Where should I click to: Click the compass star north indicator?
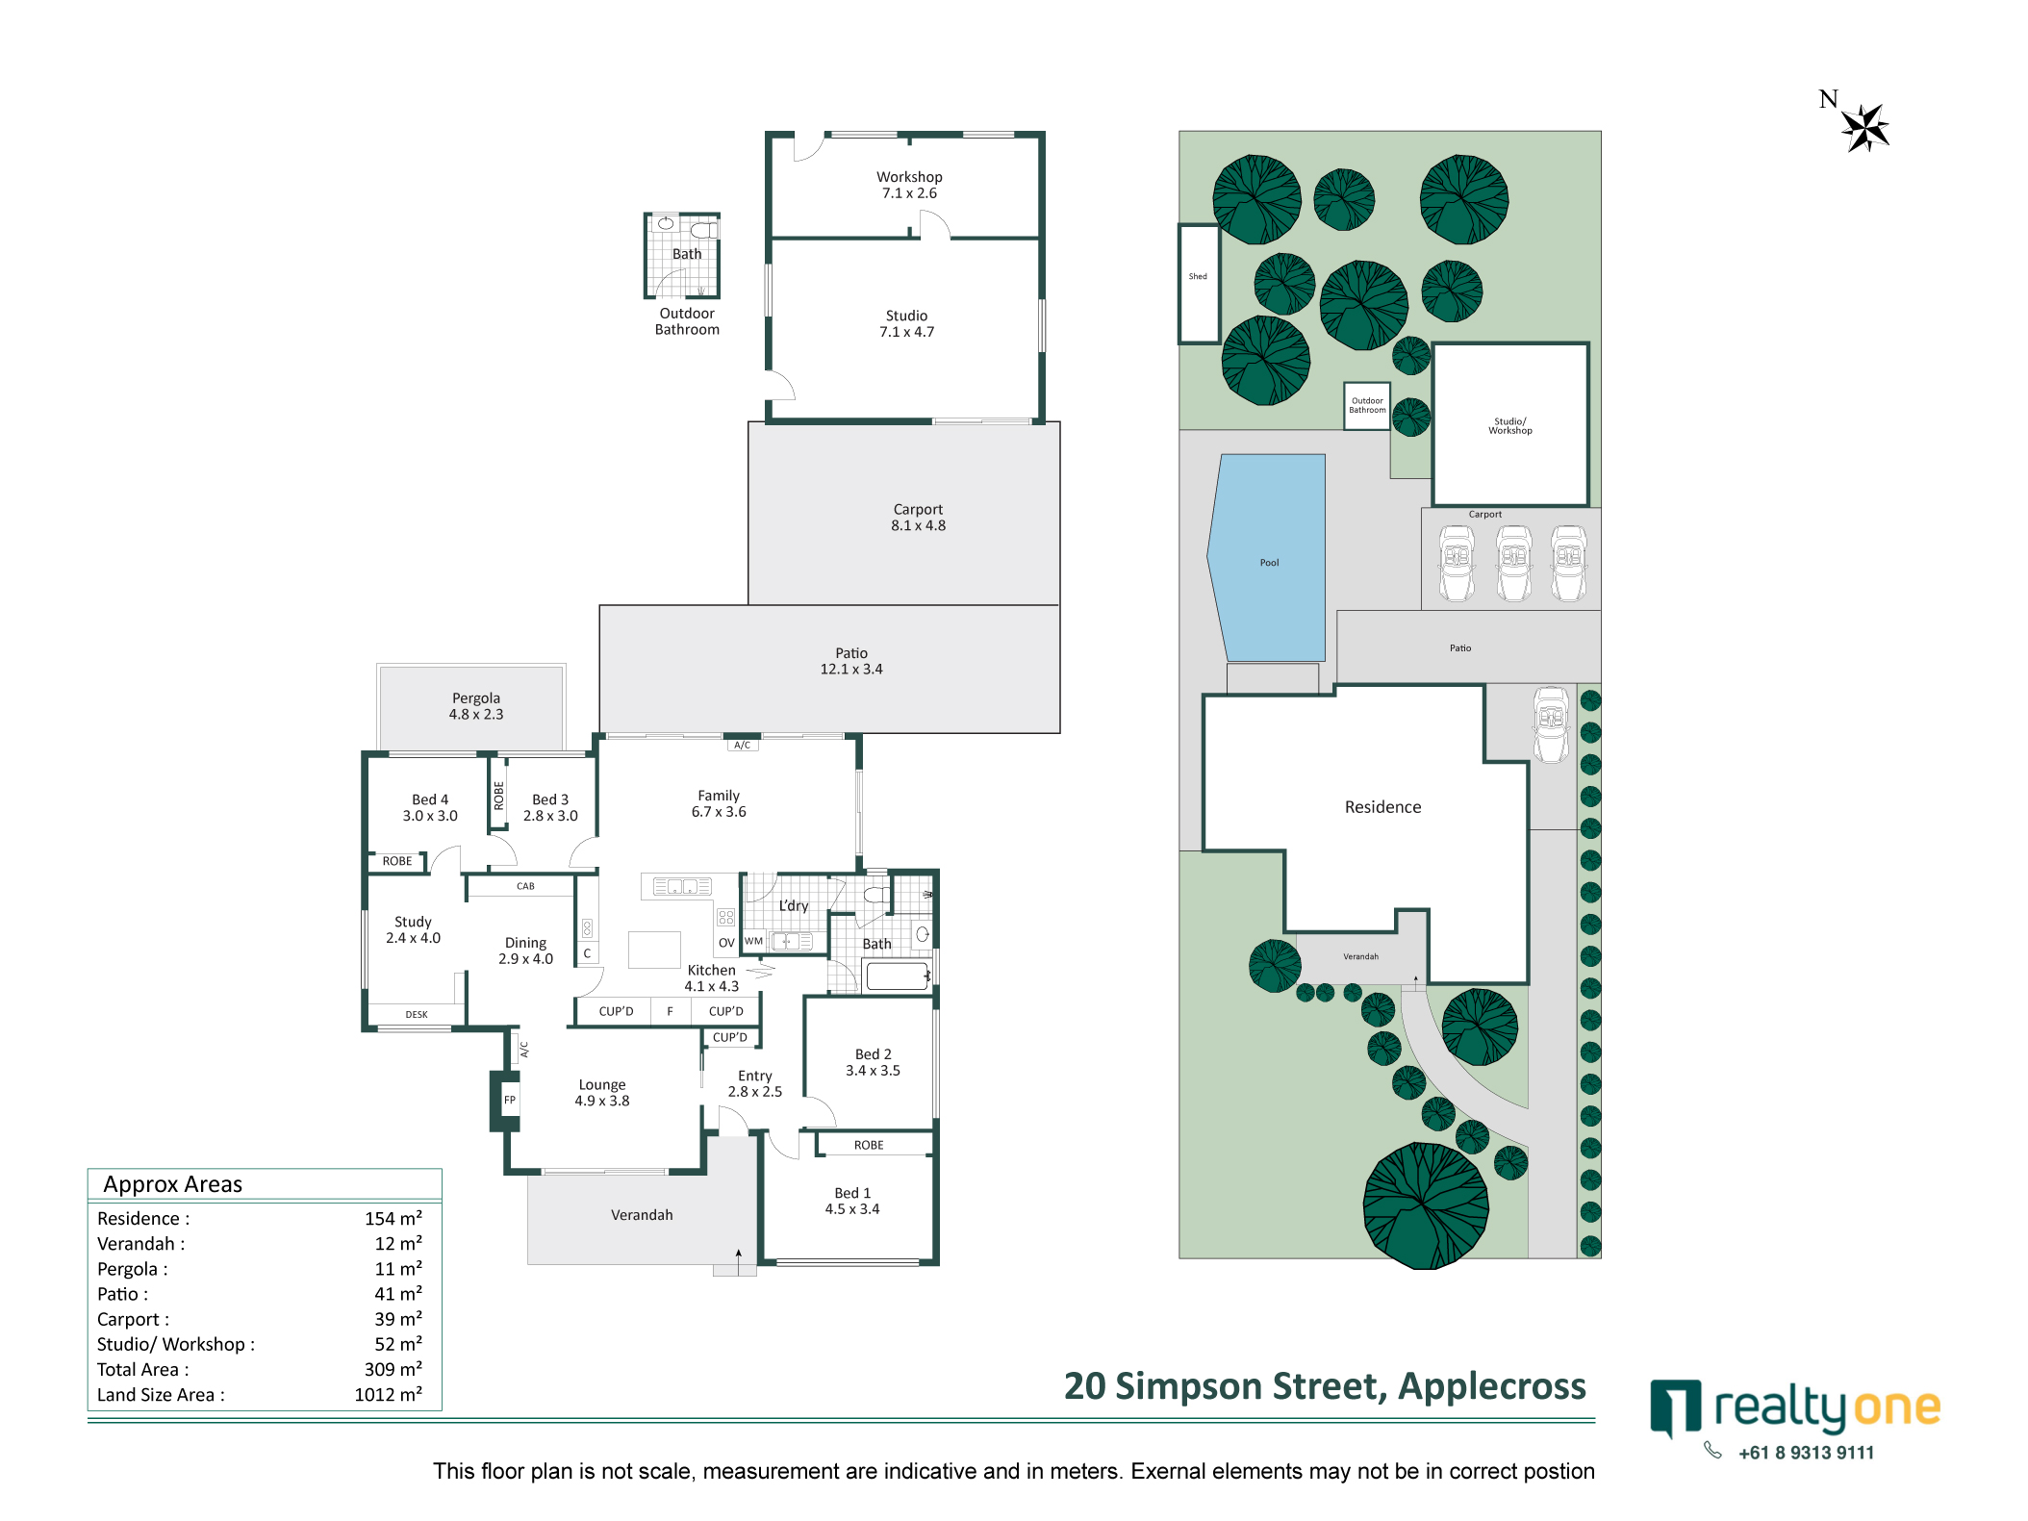[x=1864, y=127]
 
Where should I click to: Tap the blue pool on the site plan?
[x=1269, y=557]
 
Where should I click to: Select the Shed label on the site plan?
[x=1198, y=276]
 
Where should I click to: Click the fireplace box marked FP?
[x=510, y=1100]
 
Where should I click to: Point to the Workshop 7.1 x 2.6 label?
[x=909, y=185]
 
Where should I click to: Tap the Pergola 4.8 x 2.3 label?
[x=476, y=706]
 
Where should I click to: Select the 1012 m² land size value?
[x=389, y=1394]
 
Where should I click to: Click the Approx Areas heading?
[x=173, y=1184]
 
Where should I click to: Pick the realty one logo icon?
[x=1675, y=1407]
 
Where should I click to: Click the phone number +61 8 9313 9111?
[x=1806, y=1453]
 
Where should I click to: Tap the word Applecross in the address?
[x=1492, y=1386]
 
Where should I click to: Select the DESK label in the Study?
[x=417, y=1014]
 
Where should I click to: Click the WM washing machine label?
[x=754, y=941]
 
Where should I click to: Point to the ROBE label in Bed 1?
[x=869, y=1145]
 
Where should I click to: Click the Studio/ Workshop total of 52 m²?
[x=398, y=1344]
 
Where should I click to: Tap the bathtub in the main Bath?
[x=897, y=976]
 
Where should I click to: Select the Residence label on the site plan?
[x=1382, y=807]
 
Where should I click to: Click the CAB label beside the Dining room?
[x=525, y=886]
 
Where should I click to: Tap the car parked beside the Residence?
[x=1551, y=724]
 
